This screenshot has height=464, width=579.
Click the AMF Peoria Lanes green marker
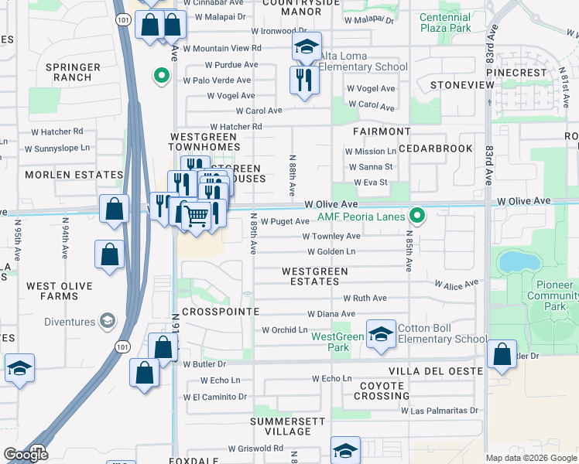click(x=417, y=216)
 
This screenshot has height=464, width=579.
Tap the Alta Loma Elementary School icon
click(x=307, y=47)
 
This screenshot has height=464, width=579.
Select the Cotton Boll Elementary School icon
click(x=381, y=334)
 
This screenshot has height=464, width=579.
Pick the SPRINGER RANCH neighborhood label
click(x=73, y=73)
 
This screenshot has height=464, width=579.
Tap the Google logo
click(x=26, y=455)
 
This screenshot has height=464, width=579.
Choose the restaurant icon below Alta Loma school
click(x=303, y=80)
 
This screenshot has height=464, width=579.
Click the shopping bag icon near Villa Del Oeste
click(x=502, y=354)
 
